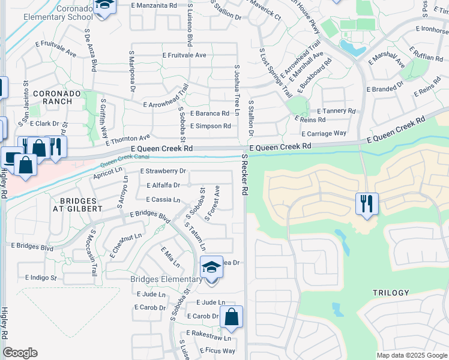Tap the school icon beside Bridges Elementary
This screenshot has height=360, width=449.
211,266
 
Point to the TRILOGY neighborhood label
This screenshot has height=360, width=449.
391,293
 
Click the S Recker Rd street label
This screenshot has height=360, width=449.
244,173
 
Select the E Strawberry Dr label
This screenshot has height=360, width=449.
163,171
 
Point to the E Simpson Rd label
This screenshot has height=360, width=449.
210,126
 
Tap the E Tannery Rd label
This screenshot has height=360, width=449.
336,111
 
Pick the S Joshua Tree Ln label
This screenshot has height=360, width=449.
237,91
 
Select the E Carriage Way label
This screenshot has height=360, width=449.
324,133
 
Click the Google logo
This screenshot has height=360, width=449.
20,353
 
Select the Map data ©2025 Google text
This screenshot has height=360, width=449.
412,355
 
